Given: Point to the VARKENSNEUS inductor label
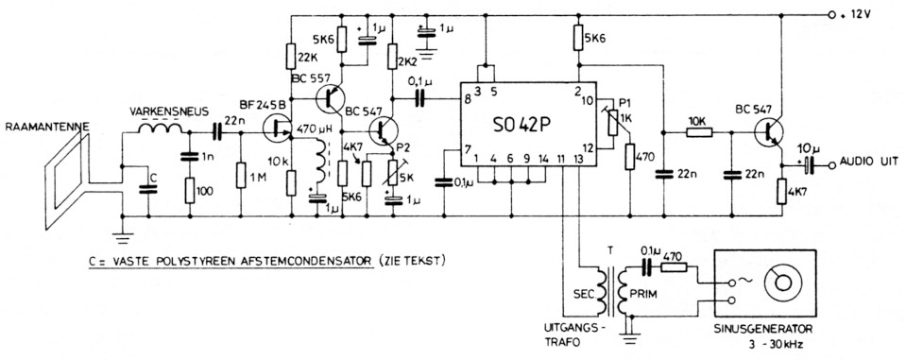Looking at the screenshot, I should (x=163, y=111).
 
